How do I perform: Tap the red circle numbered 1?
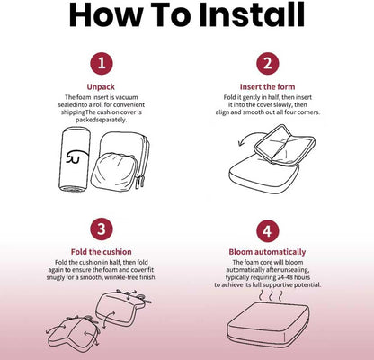click(x=102, y=64)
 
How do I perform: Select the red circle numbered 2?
click(x=268, y=64)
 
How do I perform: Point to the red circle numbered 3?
click(x=102, y=229)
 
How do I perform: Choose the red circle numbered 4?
click(x=268, y=231)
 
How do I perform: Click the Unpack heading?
click(x=101, y=87)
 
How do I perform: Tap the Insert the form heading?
click(x=267, y=86)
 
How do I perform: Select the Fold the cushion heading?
click(x=102, y=252)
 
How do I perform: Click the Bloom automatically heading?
click(x=267, y=252)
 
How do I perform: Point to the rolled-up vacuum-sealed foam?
click(x=74, y=159)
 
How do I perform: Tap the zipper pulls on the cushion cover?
click(x=140, y=182)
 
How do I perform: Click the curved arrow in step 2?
click(x=245, y=139)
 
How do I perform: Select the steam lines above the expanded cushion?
click(x=271, y=295)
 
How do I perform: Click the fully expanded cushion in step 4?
click(x=268, y=325)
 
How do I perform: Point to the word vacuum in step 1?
click(x=127, y=97)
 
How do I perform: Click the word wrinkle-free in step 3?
click(x=126, y=277)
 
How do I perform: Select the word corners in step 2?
click(x=307, y=112)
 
